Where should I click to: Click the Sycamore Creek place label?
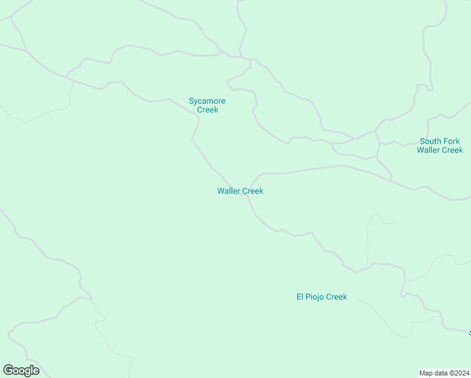click(207, 105)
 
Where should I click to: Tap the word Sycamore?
click(207, 101)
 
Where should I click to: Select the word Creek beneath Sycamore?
click(207, 110)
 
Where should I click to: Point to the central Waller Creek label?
click(240, 191)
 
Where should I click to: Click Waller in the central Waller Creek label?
click(229, 191)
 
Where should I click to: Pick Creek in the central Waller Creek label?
click(252, 191)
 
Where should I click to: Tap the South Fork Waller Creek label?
click(440, 146)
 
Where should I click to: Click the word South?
click(431, 141)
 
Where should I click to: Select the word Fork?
click(451, 141)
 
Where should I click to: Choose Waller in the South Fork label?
click(428, 150)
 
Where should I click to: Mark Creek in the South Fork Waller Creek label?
click(452, 150)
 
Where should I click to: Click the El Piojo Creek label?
click(321, 297)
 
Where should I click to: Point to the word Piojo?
click(316, 297)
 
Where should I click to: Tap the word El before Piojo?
click(300, 297)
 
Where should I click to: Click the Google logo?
click(21, 370)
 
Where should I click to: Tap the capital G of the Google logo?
click(8, 370)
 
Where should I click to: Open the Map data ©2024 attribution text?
click(445, 372)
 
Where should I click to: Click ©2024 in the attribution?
click(458, 372)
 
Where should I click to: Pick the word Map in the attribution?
click(427, 372)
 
